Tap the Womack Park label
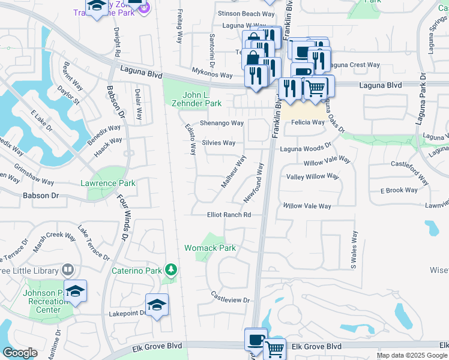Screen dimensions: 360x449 [209, 248]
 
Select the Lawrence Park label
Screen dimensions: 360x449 [108, 183]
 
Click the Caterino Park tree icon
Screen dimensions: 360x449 [171, 270]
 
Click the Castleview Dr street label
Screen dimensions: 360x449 [230, 296]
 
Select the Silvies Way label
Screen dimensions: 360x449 [218, 143]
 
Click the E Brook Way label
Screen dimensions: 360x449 [399, 190]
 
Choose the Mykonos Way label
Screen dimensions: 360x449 [212, 76]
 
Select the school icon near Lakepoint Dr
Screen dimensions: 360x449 [157, 305]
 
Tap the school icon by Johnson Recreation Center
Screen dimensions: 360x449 [75, 291]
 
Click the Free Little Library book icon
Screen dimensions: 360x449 [68, 269]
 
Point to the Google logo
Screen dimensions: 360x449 [20, 353]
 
